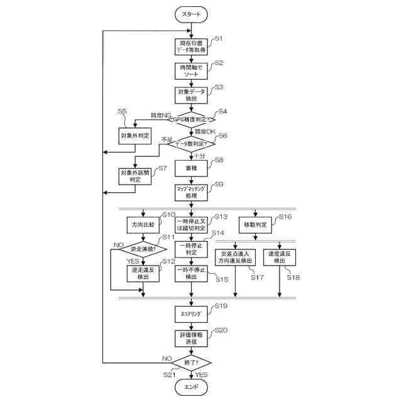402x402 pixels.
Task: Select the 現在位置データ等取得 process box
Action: click(x=191, y=46)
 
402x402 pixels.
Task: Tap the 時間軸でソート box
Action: click(x=191, y=70)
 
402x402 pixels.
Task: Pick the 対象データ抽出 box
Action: click(x=191, y=94)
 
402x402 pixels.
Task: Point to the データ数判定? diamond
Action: click(x=191, y=144)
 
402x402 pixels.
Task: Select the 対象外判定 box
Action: click(x=135, y=135)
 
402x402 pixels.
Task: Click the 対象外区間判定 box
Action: click(x=135, y=175)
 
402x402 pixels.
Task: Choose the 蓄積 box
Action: click(x=191, y=168)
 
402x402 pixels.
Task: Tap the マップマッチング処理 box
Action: click(x=191, y=192)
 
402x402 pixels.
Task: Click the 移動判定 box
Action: click(x=254, y=224)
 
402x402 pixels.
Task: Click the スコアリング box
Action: click(x=191, y=312)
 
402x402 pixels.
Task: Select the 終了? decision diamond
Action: click(x=191, y=363)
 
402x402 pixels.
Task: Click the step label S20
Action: click(x=221, y=330)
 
